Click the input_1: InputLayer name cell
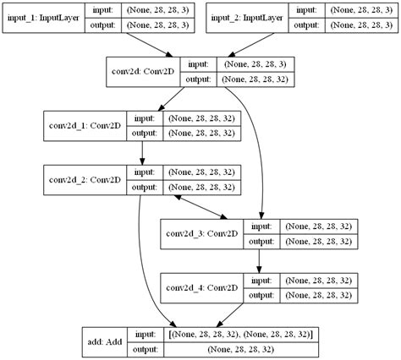[x=44, y=18]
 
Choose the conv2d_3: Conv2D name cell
[x=201, y=233]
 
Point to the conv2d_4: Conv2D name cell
[x=201, y=287]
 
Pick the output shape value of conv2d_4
[x=318, y=295]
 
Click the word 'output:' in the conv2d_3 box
[x=261, y=241]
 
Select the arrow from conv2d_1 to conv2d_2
[x=142, y=152]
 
